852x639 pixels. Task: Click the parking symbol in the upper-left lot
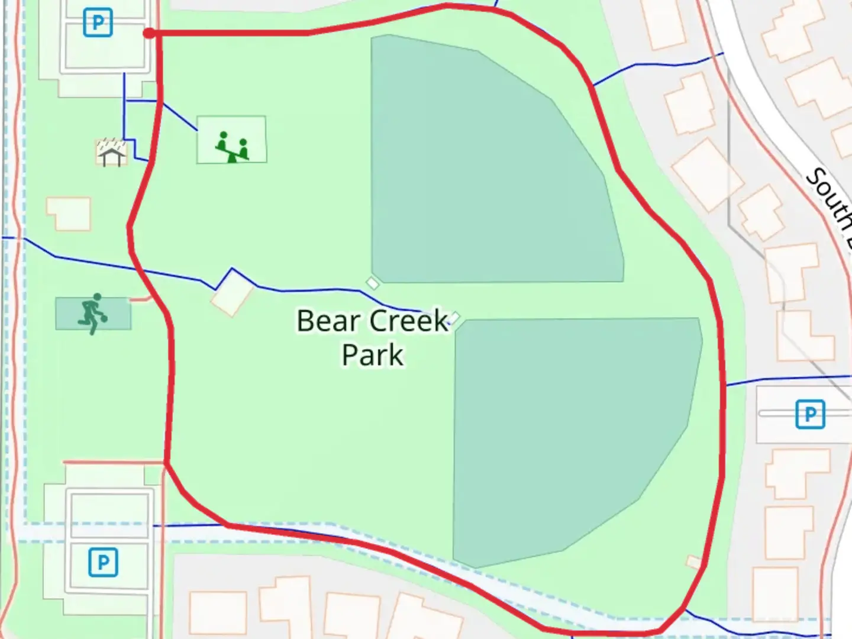pos(98,23)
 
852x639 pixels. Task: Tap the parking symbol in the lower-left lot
pos(103,562)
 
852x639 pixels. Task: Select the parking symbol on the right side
pos(809,414)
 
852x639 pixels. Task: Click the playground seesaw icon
pos(232,147)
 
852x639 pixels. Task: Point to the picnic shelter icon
pos(112,153)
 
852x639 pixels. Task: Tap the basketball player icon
pos(92,314)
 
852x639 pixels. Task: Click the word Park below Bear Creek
pos(373,355)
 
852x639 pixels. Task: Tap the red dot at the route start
pos(149,34)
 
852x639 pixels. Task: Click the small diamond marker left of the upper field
pos(372,283)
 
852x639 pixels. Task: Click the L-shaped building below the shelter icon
pos(69,214)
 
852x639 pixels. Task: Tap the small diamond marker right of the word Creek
pos(454,318)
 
